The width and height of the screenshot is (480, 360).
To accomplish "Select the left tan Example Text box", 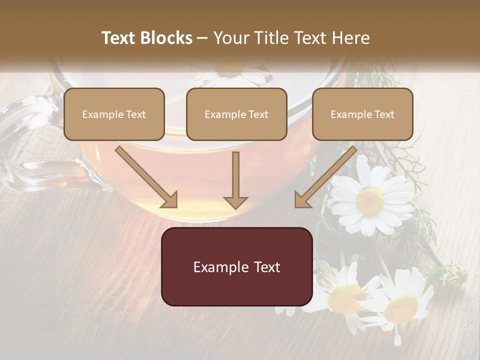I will pos(114,114).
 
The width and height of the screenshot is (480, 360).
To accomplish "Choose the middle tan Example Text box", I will pos(236,114).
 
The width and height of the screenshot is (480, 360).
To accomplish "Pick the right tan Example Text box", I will pos(362,114).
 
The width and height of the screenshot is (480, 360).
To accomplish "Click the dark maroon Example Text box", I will pos(237,267).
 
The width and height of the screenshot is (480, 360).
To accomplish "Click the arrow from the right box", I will pos(325,177).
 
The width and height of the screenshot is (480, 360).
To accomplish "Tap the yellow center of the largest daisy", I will pos(370,200).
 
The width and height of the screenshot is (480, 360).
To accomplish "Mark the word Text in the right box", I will pos(384,114).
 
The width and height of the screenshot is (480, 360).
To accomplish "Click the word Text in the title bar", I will pos(120,38).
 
